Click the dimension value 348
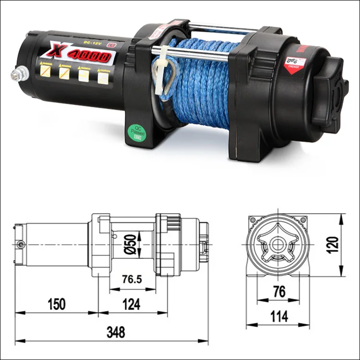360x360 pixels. [x=115, y=332]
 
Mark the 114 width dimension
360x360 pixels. [x=278, y=316]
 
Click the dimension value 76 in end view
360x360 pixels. [x=278, y=292]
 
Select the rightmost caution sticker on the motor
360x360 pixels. [x=103, y=76]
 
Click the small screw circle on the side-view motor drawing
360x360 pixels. [x=20, y=244]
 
